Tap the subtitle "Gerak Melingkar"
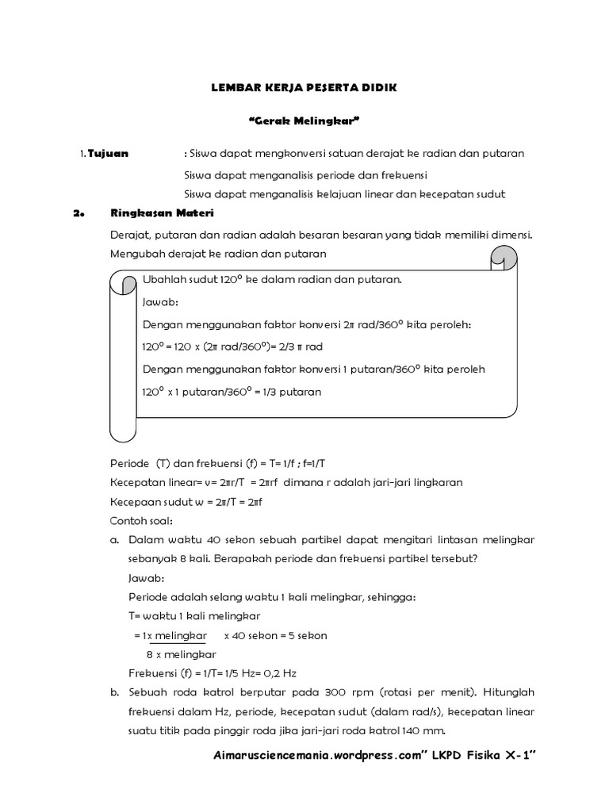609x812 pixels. click(304, 121)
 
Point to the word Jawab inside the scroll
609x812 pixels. click(160, 302)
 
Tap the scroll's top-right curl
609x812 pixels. click(503, 259)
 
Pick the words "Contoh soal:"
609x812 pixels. click(140, 520)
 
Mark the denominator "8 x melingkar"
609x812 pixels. click(181, 654)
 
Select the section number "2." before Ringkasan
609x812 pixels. click(78, 213)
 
